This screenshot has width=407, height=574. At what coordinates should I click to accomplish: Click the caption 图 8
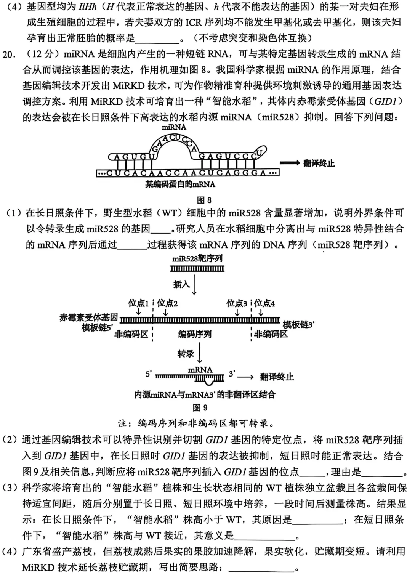click(x=204, y=200)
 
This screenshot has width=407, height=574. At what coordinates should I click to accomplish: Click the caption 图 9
click(x=200, y=407)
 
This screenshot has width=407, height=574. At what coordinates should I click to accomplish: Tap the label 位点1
click(x=138, y=303)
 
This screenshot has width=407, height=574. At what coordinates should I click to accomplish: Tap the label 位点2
click(x=167, y=303)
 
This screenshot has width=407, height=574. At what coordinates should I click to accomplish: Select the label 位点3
click(x=237, y=303)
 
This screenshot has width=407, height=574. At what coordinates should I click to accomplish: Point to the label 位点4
click(x=264, y=303)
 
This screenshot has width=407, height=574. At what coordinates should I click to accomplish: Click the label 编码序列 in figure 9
click(x=194, y=334)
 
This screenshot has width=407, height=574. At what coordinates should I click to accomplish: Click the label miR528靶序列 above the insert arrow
click(x=197, y=259)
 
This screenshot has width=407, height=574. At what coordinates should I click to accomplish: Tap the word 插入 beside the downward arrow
click(x=181, y=284)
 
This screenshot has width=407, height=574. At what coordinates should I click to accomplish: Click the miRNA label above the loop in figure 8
click(x=174, y=127)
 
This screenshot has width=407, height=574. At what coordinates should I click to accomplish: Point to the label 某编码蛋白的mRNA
click(x=180, y=184)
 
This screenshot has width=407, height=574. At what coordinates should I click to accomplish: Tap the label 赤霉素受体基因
click(x=89, y=317)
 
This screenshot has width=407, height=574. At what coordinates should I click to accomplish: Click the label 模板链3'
click(x=298, y=325)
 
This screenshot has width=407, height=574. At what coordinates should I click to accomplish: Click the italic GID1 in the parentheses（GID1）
click(x=385, y=101)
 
